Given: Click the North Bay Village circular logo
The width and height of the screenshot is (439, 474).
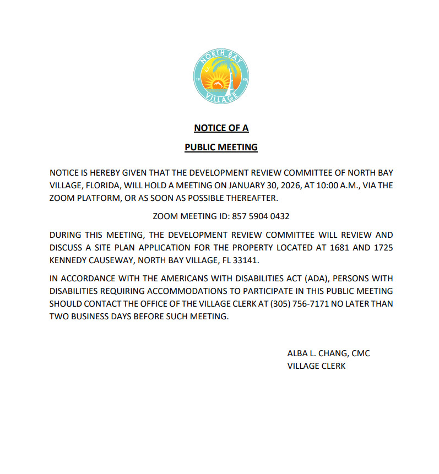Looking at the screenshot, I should click(221, 76).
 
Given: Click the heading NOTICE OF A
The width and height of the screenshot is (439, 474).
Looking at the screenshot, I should click(221, 128).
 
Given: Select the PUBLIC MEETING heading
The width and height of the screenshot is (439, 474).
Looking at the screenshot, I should click(221, 147).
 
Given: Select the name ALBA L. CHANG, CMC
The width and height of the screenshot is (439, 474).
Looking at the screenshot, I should click(328, 353).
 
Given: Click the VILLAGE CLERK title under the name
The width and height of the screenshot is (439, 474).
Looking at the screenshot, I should click(316, 366).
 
